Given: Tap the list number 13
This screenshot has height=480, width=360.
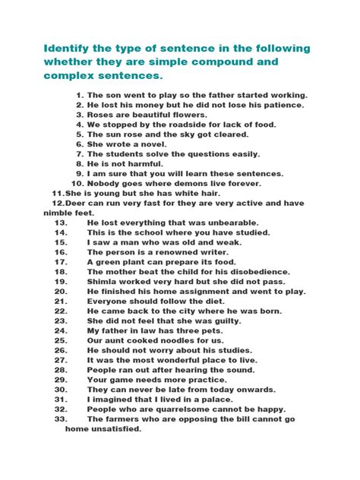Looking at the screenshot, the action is [x=61, y=223].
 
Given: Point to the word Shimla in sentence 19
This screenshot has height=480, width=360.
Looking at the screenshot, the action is [x=103, y=281].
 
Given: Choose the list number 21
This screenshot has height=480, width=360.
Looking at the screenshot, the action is [x=61, y=301].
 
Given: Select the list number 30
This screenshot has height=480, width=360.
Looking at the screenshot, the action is [x=61, y=390].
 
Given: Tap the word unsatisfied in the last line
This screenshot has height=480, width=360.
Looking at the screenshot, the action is [x=115, y=428].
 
